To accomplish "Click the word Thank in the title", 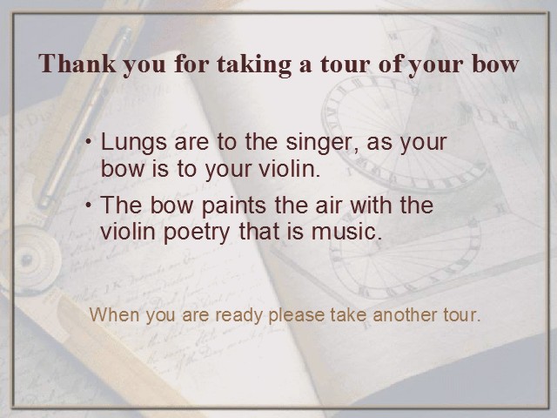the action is click(77, 64).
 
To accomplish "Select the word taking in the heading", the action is click(253, 65).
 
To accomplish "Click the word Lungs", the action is click(133, 143).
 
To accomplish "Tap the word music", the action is click(343, 232).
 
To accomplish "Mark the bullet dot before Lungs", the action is click(89, 141).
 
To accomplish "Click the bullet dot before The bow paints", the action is click(89, 206).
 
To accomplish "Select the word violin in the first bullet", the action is click(289, 168).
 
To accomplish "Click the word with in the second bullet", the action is click(372, 206).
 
